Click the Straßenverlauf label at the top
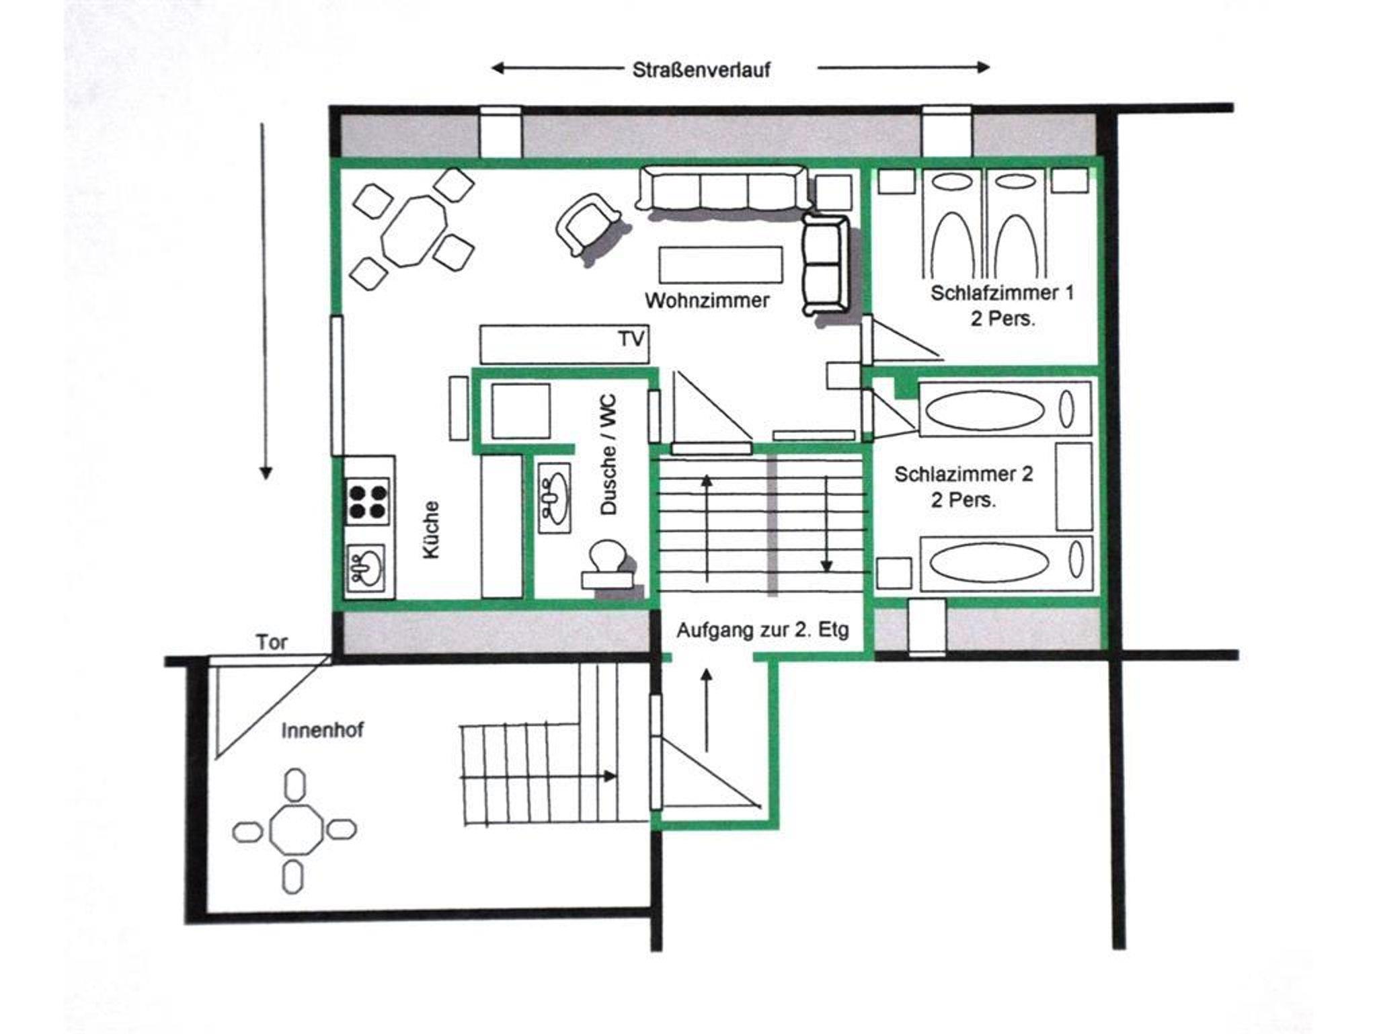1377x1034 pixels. [x=701, y=69]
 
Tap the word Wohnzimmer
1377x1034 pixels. [x=707, y=300]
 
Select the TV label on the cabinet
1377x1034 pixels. [x=631, y=339]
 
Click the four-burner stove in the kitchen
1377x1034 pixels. [x=367, y=501]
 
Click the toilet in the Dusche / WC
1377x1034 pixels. [x=608, y=564]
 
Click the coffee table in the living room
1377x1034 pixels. [x=720, y=264]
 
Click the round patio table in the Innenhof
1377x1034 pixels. [x=295, y=831]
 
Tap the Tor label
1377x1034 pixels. [x=272, y=642]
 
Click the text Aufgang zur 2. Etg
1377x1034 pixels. [x=762, y=631]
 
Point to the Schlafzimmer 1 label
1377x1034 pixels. [x=1002, y=293]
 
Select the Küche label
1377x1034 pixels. [x=431, y=530]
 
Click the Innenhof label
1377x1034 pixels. [x=323, y=730]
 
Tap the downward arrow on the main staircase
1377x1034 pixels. [x=826, y=524]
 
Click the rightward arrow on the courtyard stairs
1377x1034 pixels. [x=538, y=777]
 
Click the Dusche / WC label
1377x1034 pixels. [x=608, y=455]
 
